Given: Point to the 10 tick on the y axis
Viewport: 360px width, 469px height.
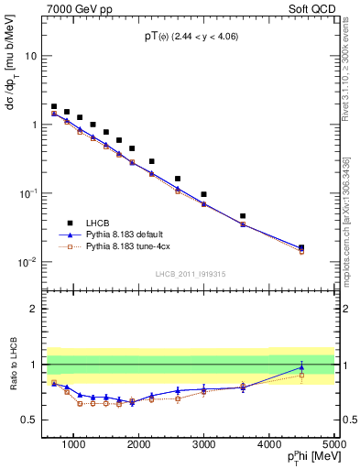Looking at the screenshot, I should tap(33, 56).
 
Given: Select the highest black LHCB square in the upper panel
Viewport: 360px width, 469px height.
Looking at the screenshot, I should tap(54, 106).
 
